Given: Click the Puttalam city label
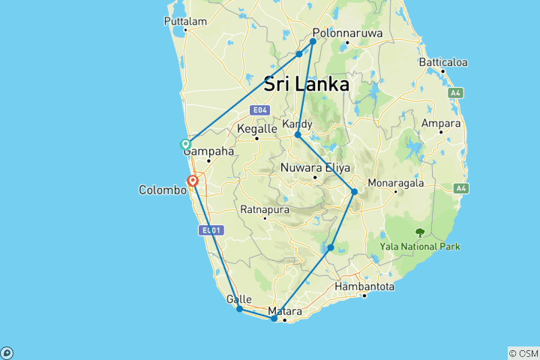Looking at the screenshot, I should click(x=184, y=22).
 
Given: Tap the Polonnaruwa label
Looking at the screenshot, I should click(x=346, y=34).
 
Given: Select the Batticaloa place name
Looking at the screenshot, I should click(x=443, y=61).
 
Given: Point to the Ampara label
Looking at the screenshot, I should click(x=441, y=122).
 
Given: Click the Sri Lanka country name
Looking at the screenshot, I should click(x=306, y=84).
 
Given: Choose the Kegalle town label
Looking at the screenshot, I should click(x=256, y=129).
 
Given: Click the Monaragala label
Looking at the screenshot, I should click(x=396, y=182).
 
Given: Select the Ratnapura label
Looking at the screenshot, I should click(x=264, y=210).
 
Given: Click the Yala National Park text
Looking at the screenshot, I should click(x=420, y=246).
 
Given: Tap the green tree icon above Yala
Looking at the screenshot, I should click(x=419, y=232).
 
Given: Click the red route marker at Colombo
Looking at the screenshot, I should click(x=193, y=181).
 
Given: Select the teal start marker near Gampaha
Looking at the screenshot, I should click(x=185, y=144).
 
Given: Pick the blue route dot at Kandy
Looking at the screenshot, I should click(x=298, y=135).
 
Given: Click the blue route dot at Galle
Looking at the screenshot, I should click(x=239, y=309).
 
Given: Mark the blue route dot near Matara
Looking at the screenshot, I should click(x=274, y=319).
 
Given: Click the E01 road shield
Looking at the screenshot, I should click(x=208, y=231).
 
